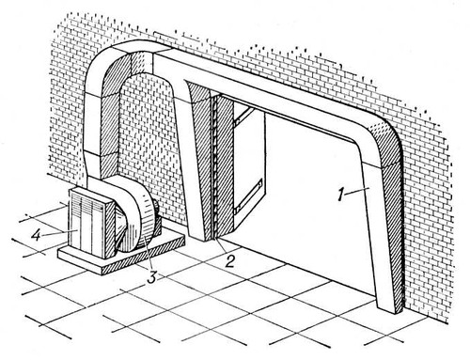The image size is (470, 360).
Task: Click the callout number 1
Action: tap(340, 195)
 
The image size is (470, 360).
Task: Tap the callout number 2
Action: tap(230, 261)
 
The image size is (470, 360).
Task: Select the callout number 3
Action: tap(152, 277)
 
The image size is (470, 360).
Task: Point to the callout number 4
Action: tap(36, 235)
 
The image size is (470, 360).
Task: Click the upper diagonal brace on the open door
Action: tap(242, 117)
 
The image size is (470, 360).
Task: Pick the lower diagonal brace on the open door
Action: tap(248, 196)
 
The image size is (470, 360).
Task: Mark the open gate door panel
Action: tap(250, 163)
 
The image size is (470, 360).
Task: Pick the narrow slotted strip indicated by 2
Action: tap(214, 167)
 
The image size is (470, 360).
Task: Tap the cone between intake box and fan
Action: tap(121, 225)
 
